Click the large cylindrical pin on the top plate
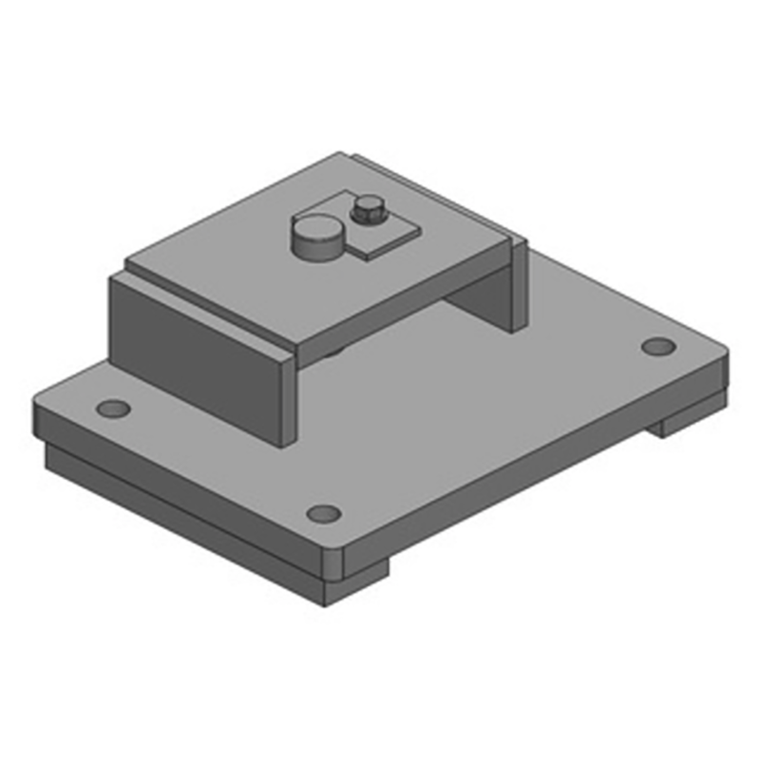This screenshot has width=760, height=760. click(x=316, y=237)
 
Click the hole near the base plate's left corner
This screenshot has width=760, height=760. click(x=114, y=409)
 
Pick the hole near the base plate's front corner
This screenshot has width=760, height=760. click(x=324, y=514)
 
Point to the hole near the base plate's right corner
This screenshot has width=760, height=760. click(x=656, y=347)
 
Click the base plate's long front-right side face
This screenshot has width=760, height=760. click(x=532, y=465)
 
